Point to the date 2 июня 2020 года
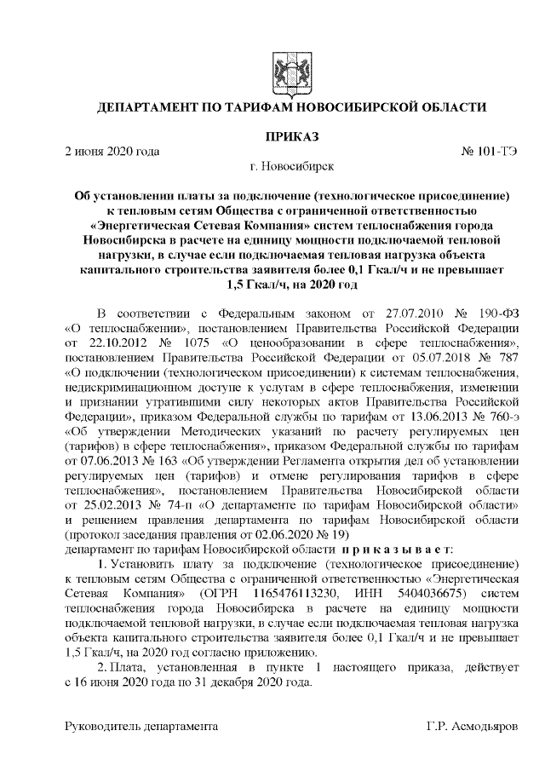point(112,152)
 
